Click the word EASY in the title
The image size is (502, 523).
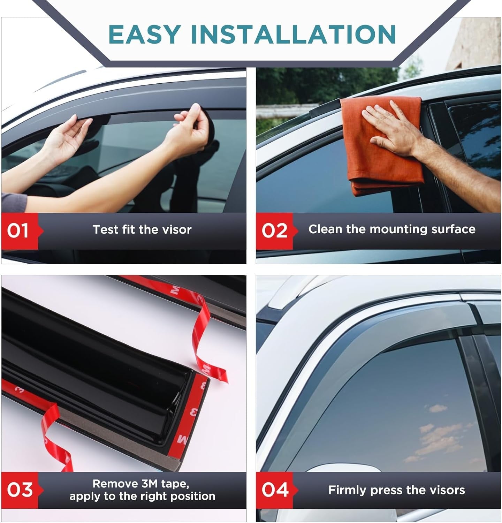144,34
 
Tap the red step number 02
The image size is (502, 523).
275,231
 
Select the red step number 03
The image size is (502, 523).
20,490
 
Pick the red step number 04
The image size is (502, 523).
275,490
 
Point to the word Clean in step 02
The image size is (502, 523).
326,229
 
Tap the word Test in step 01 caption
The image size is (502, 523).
106,229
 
